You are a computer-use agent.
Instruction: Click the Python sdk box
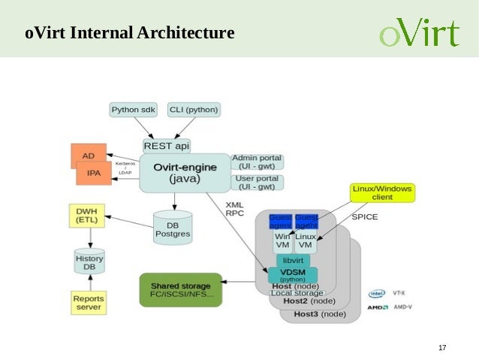[x=134, y=110]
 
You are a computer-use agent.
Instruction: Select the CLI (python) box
[x=194, y=110]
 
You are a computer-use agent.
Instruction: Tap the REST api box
[x=167, y=146]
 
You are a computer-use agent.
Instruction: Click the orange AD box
[x=88, y=155]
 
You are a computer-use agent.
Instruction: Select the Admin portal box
[x=256, y=162]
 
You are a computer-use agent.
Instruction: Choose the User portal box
[x=256, y=183]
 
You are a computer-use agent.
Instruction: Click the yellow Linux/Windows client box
[x=382, y=192]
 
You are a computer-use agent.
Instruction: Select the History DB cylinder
[x=89, y=263]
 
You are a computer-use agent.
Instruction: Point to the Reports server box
[x=89, y=303]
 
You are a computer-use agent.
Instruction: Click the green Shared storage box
[x=181, y=290]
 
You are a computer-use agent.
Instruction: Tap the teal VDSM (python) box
[x=293, y=274]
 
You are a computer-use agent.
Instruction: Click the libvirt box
[x=293, y=259]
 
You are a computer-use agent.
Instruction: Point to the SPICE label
[x=365, y=217]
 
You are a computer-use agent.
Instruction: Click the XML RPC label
[x=235, y=208]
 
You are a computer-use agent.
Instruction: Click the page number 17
[x=441, y=347]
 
